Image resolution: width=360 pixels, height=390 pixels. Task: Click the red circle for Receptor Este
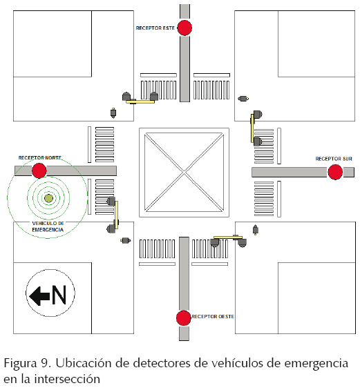tap(184, 28)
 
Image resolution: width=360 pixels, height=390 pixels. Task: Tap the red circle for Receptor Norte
tap(39, 170)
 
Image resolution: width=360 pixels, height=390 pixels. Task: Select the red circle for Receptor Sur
tap(335, 172)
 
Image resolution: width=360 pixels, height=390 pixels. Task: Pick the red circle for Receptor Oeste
tap(184, 318)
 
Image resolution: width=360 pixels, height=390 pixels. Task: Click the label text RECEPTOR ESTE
tap(155, 28)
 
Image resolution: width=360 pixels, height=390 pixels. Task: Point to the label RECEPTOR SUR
tap(334, 159)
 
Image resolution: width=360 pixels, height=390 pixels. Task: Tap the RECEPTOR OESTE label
tap(213, 317)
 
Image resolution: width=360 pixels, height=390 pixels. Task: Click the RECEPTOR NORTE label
tap(40, 158)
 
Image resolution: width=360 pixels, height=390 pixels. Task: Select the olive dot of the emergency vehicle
tap(48, 198)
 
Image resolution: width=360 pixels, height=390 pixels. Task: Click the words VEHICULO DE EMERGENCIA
tap(48, 226)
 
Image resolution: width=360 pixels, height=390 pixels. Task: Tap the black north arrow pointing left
tap(39, 296)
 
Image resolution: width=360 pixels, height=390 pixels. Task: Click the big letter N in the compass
tap(59, 295)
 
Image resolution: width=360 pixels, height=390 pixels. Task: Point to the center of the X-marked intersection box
tap(184, 172)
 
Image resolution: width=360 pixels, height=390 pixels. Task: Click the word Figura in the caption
tap(21, 364)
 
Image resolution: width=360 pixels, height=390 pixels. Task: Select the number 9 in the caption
tap(46, 363)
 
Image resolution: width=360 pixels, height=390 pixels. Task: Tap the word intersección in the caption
tap(67, 379)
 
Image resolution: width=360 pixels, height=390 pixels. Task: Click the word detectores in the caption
tap(162, 363)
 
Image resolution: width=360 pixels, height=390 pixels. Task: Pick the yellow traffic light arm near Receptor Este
tap(140, 101)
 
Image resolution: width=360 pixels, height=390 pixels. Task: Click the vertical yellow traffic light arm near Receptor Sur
tap(252, 128)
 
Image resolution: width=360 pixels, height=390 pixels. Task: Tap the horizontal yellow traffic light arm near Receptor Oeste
tap(228, 237)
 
